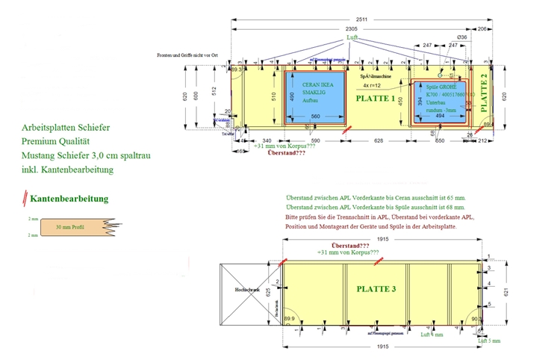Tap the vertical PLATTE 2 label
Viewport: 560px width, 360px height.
click(x=485, y=90)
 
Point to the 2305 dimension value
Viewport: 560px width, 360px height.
click(x=351, y=29)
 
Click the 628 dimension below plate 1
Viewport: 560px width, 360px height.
click(x=379, y=140)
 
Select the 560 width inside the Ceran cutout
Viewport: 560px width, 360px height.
click(x=315, y=116)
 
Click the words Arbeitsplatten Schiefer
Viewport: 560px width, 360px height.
click(x=66, y=128)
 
